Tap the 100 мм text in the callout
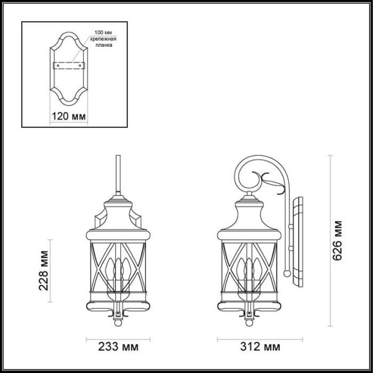[x=104, y=32]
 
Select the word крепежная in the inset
[x=104, y=39]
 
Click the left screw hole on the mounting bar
[x=57, y=64]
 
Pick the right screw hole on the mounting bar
[x=80, y=64]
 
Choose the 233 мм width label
[x=118, y=348]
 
